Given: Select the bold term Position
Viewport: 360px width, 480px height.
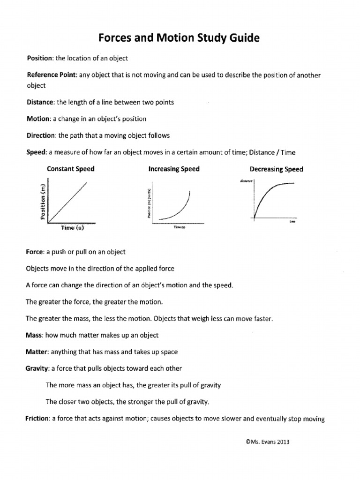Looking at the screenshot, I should click(39, 58).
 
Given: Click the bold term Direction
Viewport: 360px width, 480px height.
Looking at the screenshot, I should click(41, 135).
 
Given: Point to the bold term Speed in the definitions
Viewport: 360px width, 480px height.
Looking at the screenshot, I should click(35, 152).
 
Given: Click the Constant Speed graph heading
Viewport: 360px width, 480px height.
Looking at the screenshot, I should click(70, 169).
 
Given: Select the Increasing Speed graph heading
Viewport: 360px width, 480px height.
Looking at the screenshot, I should click(173, 169).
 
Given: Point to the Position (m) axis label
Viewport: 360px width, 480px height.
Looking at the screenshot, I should click(43, 201).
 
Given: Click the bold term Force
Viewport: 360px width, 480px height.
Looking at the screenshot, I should click(35, 252).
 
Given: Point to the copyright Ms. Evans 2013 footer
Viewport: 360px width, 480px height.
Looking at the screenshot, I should click(264, 441).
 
